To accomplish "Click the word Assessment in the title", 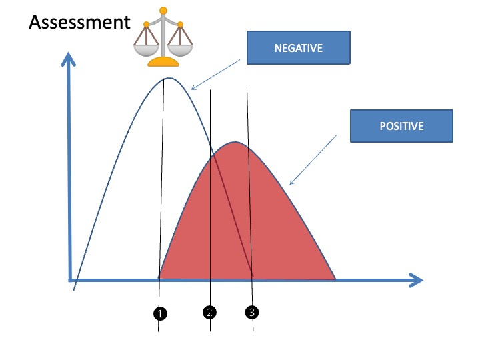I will pos(79,23).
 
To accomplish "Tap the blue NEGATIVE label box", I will pos(298,48).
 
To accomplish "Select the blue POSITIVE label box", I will pos(401,126).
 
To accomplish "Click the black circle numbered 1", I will pos(160,312).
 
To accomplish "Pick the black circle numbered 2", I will pos(209,311).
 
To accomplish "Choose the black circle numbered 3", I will pos(251,311).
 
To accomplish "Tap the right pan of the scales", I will pos(179,48).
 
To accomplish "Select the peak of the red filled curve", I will pos(235,142).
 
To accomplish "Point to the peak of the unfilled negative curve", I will pos(169,79).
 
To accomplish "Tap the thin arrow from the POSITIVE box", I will pos(313,159).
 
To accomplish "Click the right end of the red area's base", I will pos(334,278).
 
